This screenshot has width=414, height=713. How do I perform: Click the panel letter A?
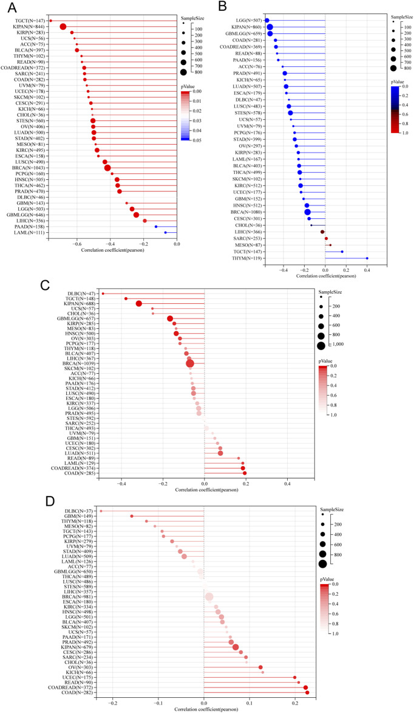(x=10, y=8)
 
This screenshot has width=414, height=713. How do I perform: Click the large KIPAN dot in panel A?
(x=63, y=26)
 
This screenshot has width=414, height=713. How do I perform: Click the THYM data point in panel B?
(x=367, y=258)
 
